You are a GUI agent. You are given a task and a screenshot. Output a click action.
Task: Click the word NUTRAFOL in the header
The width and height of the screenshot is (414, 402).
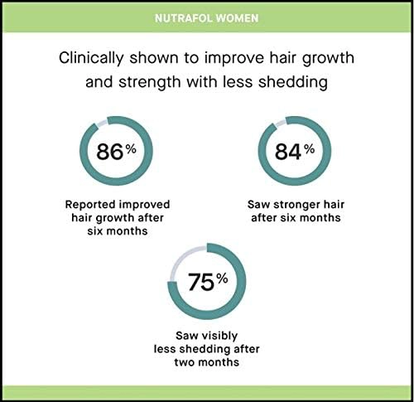point(184,18)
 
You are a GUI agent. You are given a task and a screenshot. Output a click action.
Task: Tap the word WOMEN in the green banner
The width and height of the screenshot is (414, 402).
point(237,18)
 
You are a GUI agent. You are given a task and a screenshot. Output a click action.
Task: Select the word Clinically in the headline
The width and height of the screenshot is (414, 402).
point(91,59)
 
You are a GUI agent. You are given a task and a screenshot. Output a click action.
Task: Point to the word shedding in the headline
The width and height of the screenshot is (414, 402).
point(293,82)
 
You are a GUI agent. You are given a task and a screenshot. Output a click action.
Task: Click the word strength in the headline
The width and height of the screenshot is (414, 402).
point(150,82)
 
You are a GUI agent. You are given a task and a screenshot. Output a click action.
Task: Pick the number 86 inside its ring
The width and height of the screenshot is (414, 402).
point(109,152)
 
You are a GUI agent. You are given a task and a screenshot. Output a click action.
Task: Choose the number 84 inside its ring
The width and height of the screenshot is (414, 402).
point(287,152)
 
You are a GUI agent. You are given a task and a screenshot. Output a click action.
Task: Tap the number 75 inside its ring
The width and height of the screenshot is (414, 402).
point(201,282)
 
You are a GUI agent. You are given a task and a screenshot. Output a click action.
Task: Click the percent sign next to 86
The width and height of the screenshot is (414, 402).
point(131,149)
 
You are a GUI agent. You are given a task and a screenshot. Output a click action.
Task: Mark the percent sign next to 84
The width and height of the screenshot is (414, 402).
point(310,149)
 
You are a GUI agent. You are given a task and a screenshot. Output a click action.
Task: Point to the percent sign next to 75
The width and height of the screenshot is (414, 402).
point(223,279)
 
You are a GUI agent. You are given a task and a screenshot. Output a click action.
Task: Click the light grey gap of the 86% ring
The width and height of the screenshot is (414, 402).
point(101,124)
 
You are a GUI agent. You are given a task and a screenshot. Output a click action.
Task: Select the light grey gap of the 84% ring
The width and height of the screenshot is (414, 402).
point(280,124)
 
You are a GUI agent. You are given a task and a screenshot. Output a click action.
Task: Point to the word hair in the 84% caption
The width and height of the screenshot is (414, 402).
point(334,205)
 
